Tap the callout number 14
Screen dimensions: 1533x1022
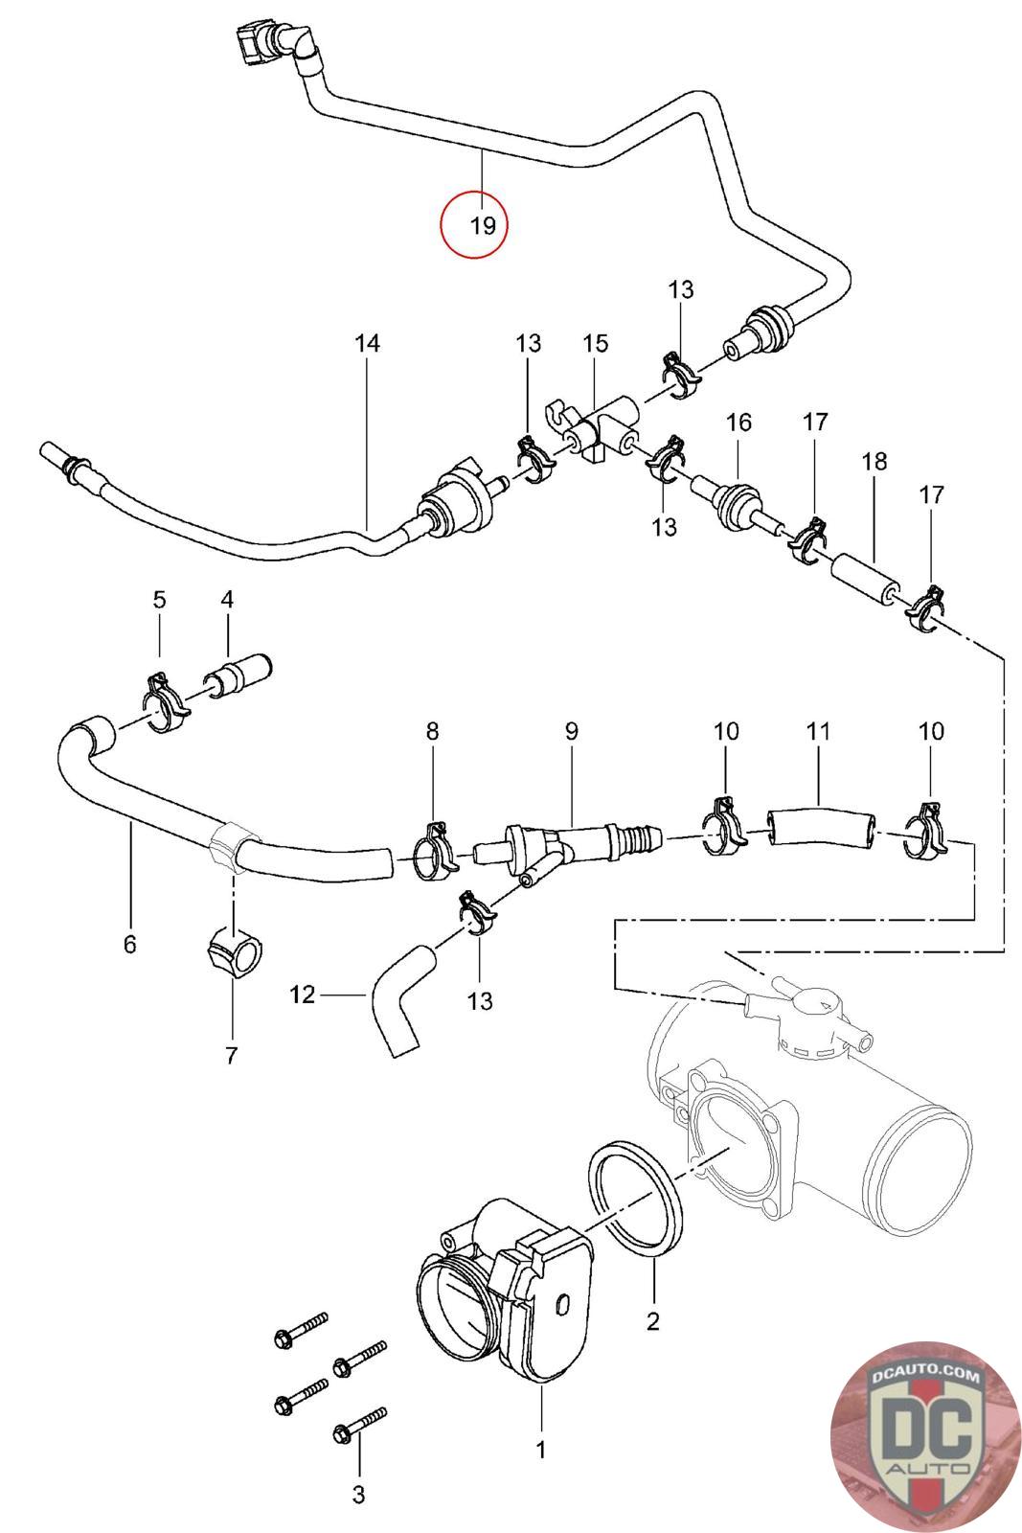(368, 343)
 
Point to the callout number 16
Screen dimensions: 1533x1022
(738, 422)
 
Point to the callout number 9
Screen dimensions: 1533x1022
(571, 731)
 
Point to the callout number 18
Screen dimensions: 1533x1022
(874, 461)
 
